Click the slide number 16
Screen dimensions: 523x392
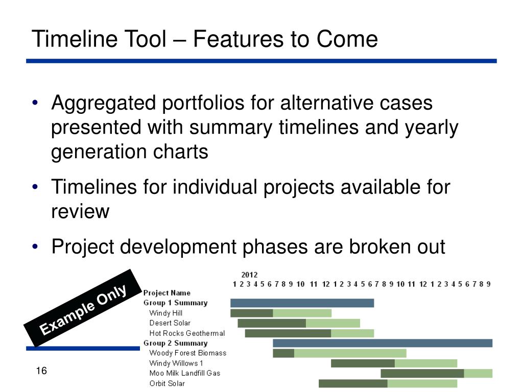[x=41, y=371]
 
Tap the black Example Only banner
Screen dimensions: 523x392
[x=83, y=308]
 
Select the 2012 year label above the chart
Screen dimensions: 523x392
[x=249, y=275]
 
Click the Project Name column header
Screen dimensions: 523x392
[x=167, y=293]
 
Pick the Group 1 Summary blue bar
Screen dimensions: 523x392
[x=302, y=303]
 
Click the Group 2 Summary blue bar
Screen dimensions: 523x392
[x=383, y=343]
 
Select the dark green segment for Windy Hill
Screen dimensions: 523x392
[x=252, y=313]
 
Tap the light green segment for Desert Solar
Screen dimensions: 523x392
[x=333, y=323]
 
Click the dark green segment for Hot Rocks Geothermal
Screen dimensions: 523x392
[x=288, y=333]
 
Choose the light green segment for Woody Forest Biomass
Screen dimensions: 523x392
[x=350, y=353]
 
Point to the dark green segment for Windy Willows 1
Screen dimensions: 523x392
[x=363, y=363]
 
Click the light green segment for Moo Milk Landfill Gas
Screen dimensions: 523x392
[x=478, y=373]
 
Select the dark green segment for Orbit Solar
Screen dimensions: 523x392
[x=353, y=384]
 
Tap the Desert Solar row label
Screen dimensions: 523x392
[x=170, y=323]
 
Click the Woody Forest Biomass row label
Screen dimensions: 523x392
[x=188, y=353]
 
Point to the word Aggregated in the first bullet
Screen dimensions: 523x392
[x=104, y=103]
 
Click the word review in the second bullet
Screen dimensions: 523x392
[x=80, y=212]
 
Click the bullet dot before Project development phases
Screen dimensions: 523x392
[x=35, y=247]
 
